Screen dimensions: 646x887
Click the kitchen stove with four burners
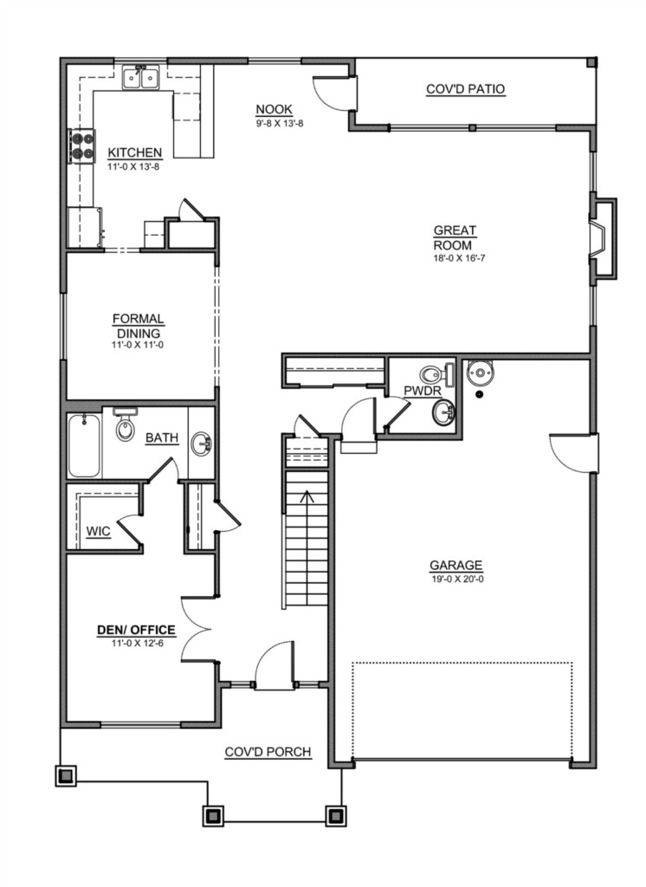click(81, 146)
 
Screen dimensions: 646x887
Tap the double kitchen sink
click(141, 77)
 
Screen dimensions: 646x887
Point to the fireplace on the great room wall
click(602, 237)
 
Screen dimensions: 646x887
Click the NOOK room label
click(274, 109)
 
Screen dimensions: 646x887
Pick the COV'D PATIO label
click(466, 89)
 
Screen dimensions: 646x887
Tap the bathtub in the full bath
click(84, 446)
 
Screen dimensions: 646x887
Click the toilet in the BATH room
click(125, 424)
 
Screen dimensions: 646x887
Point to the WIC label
click(98, 532)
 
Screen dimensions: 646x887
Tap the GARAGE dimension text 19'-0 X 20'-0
click(456, 579)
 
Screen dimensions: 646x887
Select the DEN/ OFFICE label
click(136, 631)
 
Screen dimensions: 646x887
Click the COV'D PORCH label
click(268, 752)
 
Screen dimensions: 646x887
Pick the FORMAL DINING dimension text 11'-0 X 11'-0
click(138, 345)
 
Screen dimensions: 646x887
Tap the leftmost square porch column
click(66, 775)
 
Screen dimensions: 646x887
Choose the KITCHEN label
click(134, 152)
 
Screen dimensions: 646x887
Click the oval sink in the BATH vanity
click(201, 443)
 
